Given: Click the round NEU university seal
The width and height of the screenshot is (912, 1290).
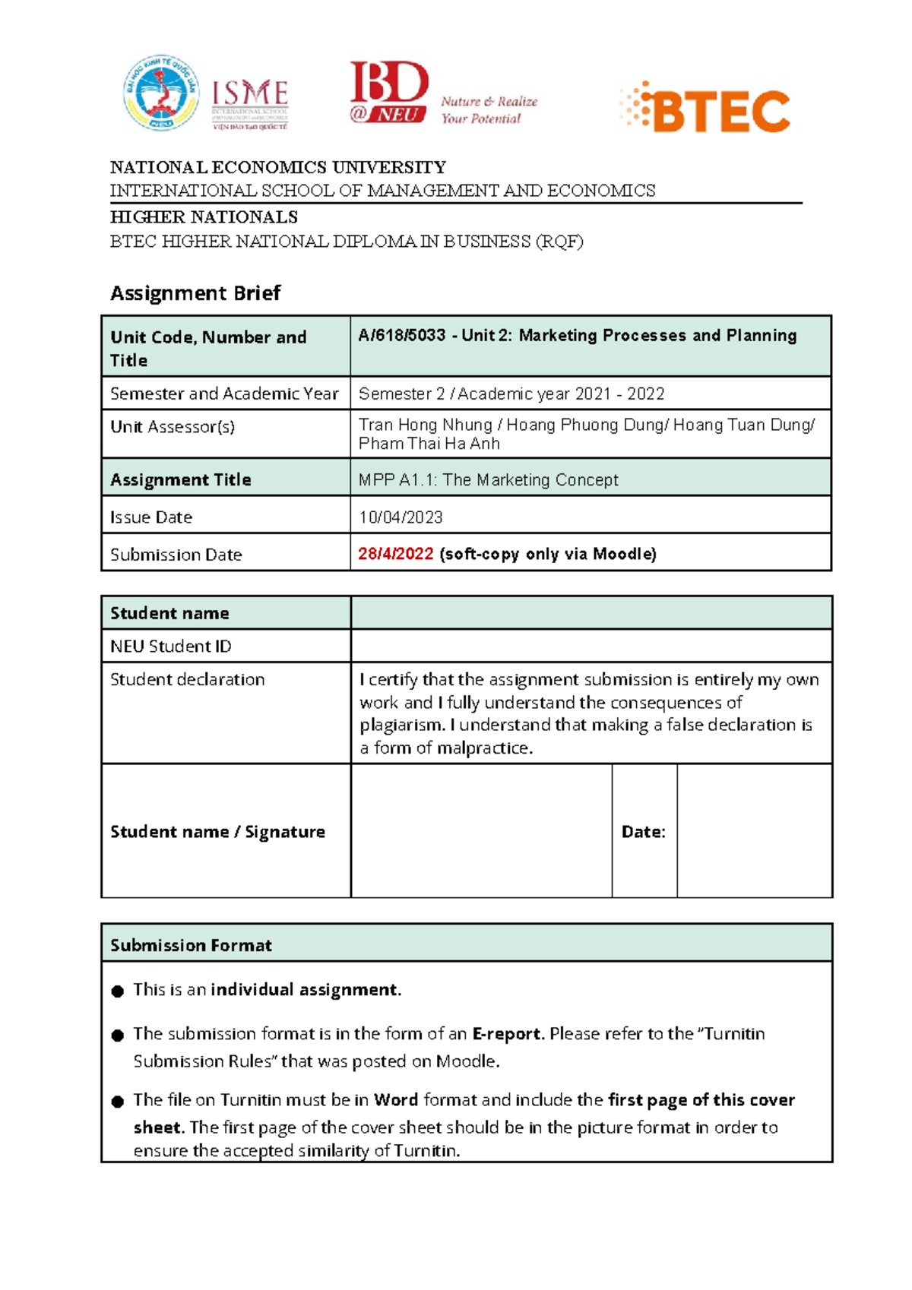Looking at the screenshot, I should pos(161,93).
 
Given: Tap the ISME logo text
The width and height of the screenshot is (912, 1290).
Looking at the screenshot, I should pos(249,94).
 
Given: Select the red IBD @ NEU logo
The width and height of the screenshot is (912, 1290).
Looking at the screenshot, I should pos(389,93).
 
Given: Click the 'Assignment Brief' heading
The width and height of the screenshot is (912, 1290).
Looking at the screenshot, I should pos(195,293).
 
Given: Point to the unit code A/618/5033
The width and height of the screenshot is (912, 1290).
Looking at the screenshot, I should pos(402,336).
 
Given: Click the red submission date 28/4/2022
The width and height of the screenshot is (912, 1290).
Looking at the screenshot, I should pos(396,554).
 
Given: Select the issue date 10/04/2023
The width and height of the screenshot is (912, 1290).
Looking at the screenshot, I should pos(401,517).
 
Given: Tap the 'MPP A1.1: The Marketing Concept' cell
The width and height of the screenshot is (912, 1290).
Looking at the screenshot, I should pos(488,480).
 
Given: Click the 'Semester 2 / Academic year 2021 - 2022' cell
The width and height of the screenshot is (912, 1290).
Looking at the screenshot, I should pos(511,394).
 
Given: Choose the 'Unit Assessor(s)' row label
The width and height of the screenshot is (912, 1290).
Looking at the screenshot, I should pos(173,427).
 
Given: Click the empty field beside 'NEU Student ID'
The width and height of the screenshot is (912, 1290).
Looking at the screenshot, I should pos(591,646).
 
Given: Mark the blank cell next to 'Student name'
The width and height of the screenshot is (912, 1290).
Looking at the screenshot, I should pos(591,612).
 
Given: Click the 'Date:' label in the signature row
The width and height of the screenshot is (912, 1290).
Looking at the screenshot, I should pos(643,832).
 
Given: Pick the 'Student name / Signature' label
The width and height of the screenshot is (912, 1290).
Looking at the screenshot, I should pos(217,832).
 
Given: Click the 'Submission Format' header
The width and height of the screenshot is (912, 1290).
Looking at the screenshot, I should pos(191,945).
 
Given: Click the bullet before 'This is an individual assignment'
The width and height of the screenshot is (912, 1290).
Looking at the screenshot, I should pos(117,991).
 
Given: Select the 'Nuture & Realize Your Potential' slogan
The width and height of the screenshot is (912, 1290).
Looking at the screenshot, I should pos(489,110).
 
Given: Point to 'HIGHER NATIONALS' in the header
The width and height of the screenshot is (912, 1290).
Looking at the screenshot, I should pos(204,217).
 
